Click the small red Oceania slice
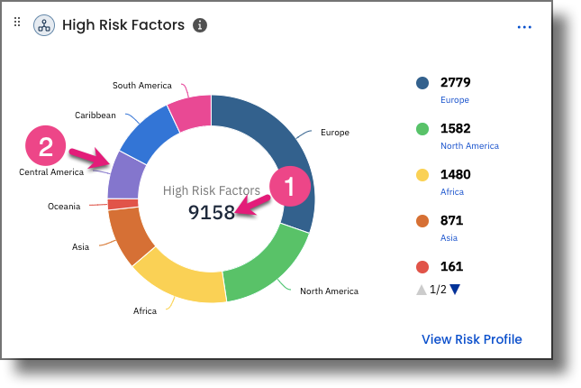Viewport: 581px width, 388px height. click(115, 204)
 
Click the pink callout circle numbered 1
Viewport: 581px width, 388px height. click(289, 187)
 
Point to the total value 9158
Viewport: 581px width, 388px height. click(211, 212)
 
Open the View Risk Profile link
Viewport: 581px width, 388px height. click(471, 339)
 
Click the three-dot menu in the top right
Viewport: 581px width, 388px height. click(524, 27)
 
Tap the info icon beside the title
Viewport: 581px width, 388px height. click(200, 25)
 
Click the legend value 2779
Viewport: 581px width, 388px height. click(456, 83)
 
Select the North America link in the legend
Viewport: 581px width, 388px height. click(468, 145)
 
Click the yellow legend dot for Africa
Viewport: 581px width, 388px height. click(422, 175)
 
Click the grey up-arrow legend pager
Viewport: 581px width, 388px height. click(421, 290)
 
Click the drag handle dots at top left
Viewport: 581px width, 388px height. click(16, 23)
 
